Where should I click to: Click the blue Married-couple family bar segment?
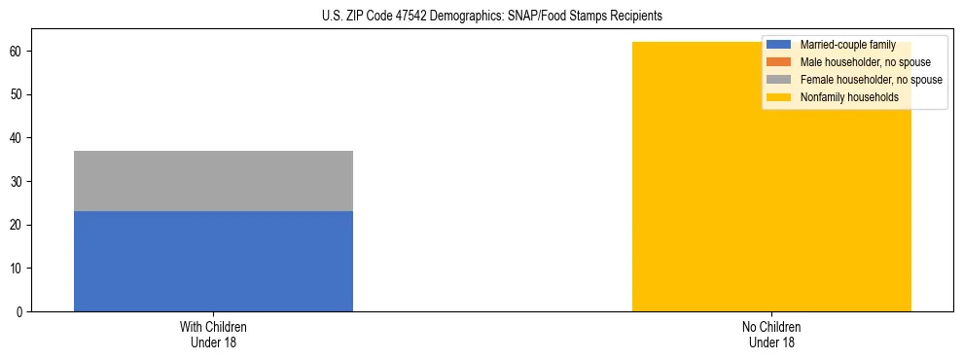[213, 262]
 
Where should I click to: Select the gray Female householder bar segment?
[213, 181]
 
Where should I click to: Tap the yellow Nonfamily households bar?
[771, 195]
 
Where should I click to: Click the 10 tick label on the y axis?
[17, 269]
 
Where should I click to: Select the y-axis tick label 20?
[17, 225]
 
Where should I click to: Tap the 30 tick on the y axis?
[17, 182]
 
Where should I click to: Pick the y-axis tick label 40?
[17, 138]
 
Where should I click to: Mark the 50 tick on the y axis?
[17, 94]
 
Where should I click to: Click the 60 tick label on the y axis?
[17, 52]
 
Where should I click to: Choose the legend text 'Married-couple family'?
[847, 45]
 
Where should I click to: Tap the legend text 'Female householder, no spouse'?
[871, 80]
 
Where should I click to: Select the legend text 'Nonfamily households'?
[849, 97]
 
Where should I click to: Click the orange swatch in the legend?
[779, 62]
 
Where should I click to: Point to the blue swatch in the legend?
[779, 45]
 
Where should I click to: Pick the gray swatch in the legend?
[779, 80]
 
